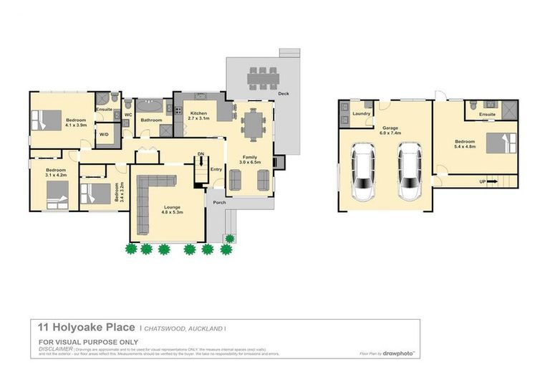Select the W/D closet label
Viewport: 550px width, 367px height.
pos(104,134)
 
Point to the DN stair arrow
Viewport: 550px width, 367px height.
pos(201,159)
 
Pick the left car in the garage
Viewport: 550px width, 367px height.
pos(364,171)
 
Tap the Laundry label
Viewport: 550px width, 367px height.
pos(361,113)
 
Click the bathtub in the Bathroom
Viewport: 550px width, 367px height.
pos(151,107)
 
